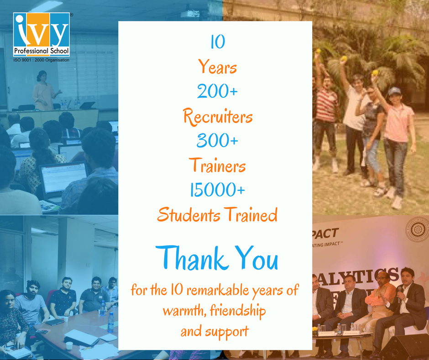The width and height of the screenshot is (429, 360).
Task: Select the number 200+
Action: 218,92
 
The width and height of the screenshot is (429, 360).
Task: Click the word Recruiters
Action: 218,117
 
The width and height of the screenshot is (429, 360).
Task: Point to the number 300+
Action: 218,142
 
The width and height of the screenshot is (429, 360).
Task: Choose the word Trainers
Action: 218,166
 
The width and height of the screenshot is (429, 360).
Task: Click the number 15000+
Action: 218,190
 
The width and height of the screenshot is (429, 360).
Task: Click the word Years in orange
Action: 218,68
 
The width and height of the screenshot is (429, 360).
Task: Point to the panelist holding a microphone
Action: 406,302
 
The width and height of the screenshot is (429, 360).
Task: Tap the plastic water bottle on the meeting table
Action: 110,323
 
